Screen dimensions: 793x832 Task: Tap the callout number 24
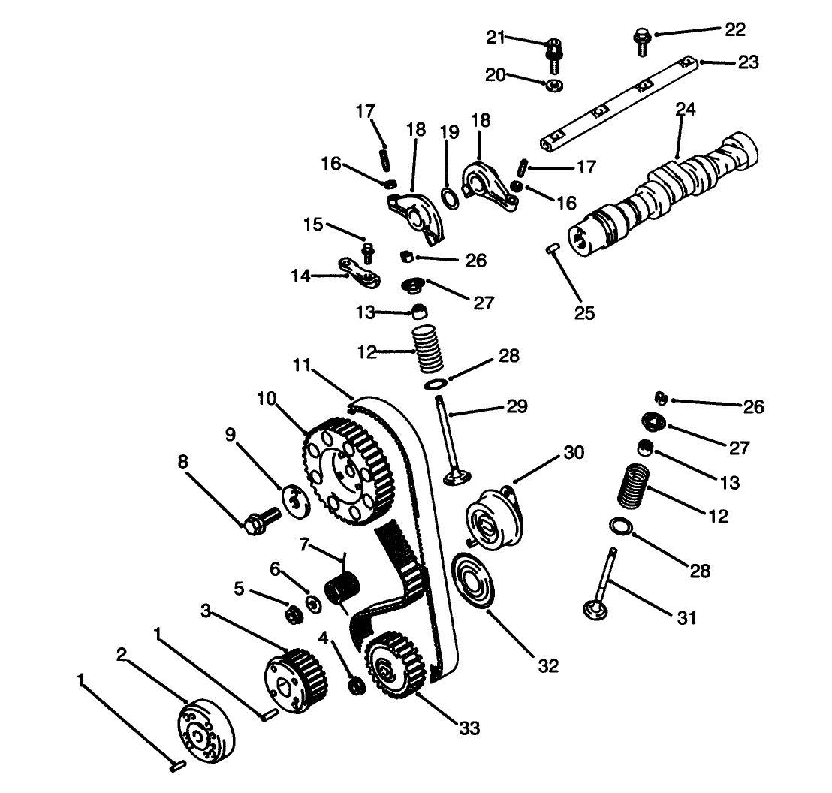coord(685,110)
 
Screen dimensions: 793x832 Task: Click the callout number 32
coord(548,666)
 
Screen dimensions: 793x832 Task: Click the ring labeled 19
coord(449,197)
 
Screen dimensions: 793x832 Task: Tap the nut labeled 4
coord(356,685)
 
